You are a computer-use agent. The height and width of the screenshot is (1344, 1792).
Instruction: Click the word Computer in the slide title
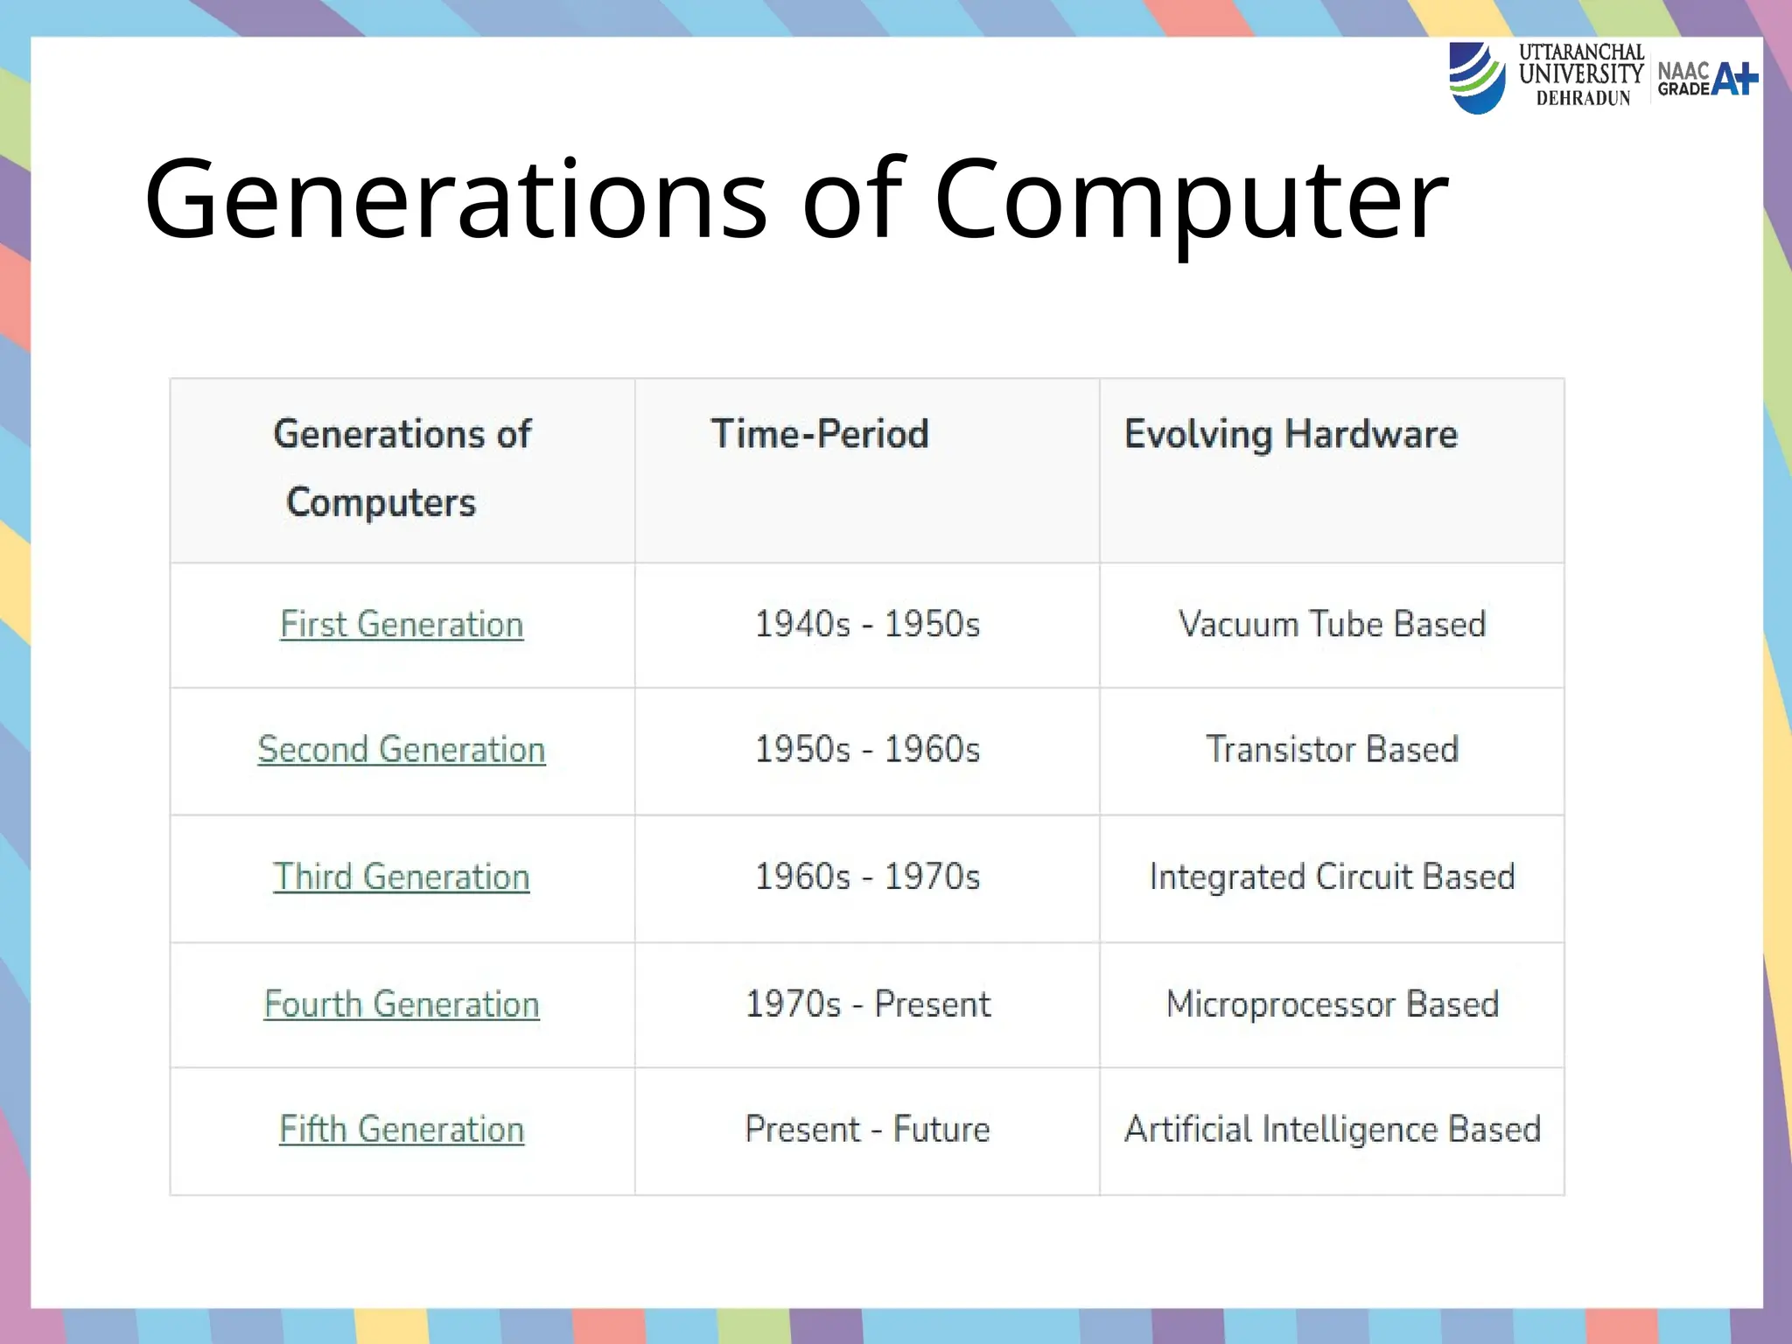1191,199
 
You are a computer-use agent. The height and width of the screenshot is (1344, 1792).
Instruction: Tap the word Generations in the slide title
456,199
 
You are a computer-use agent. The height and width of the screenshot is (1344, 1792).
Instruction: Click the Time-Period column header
819,434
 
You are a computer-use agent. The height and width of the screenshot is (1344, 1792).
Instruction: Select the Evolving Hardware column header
1291,434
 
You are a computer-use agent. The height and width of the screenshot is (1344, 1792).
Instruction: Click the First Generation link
402,625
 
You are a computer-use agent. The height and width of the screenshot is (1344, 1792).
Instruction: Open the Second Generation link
402,750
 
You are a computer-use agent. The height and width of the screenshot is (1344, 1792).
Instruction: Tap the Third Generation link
402,877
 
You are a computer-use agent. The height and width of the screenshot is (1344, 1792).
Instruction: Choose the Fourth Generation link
402,1004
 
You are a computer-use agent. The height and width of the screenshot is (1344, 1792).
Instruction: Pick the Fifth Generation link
402,1130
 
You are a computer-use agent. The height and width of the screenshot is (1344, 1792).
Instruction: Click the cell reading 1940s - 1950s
867,625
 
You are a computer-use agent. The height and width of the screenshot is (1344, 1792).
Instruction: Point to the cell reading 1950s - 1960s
867,750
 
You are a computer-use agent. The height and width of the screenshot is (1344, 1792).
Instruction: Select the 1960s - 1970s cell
867,877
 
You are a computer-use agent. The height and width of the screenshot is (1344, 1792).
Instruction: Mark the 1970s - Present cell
867,1004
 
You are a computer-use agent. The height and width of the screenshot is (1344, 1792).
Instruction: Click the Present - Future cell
867,1130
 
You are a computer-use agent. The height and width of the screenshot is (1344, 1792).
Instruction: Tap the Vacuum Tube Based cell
1332,625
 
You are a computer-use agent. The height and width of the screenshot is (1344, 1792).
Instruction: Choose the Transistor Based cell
1332,750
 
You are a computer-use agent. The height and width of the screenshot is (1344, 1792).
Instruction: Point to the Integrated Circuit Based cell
1332,877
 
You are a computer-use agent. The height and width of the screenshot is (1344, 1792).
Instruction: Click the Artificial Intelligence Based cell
1332,1130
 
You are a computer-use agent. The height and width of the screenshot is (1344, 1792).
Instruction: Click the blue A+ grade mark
1734,79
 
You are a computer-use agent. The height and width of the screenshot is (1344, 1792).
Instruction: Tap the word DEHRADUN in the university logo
1583,99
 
